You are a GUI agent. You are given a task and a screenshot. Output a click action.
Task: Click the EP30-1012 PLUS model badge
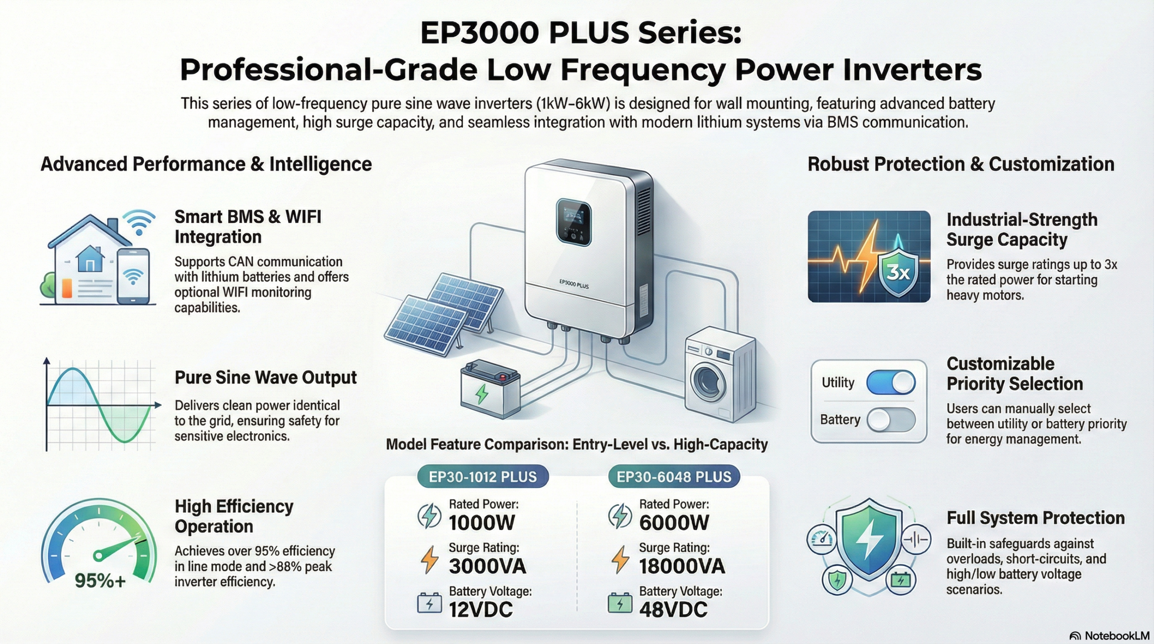point(483,477)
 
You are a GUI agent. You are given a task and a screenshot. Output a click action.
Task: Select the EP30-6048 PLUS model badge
point(674,477)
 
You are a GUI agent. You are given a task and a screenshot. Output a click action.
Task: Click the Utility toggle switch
point(891,383)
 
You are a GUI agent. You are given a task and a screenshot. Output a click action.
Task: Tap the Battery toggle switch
point(891,420)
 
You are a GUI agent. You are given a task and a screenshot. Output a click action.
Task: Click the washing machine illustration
point(719,374)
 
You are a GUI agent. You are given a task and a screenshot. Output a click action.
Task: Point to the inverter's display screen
point(573,223)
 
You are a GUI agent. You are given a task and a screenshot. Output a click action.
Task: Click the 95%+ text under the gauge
point(100,581)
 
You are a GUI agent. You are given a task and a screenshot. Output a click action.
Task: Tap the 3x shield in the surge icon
point(898,271)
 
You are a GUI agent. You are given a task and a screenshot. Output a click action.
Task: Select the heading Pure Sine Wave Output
point(266,378)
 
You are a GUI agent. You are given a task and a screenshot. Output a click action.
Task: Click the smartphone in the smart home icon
point(133,276)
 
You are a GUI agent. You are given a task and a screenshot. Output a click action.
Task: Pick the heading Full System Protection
point(1035,518)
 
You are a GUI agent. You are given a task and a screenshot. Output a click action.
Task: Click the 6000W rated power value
point(674,523)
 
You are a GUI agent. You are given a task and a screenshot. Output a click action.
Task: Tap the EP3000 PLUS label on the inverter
point(574,284)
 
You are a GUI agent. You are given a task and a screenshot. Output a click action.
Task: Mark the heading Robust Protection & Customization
point(961,164)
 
